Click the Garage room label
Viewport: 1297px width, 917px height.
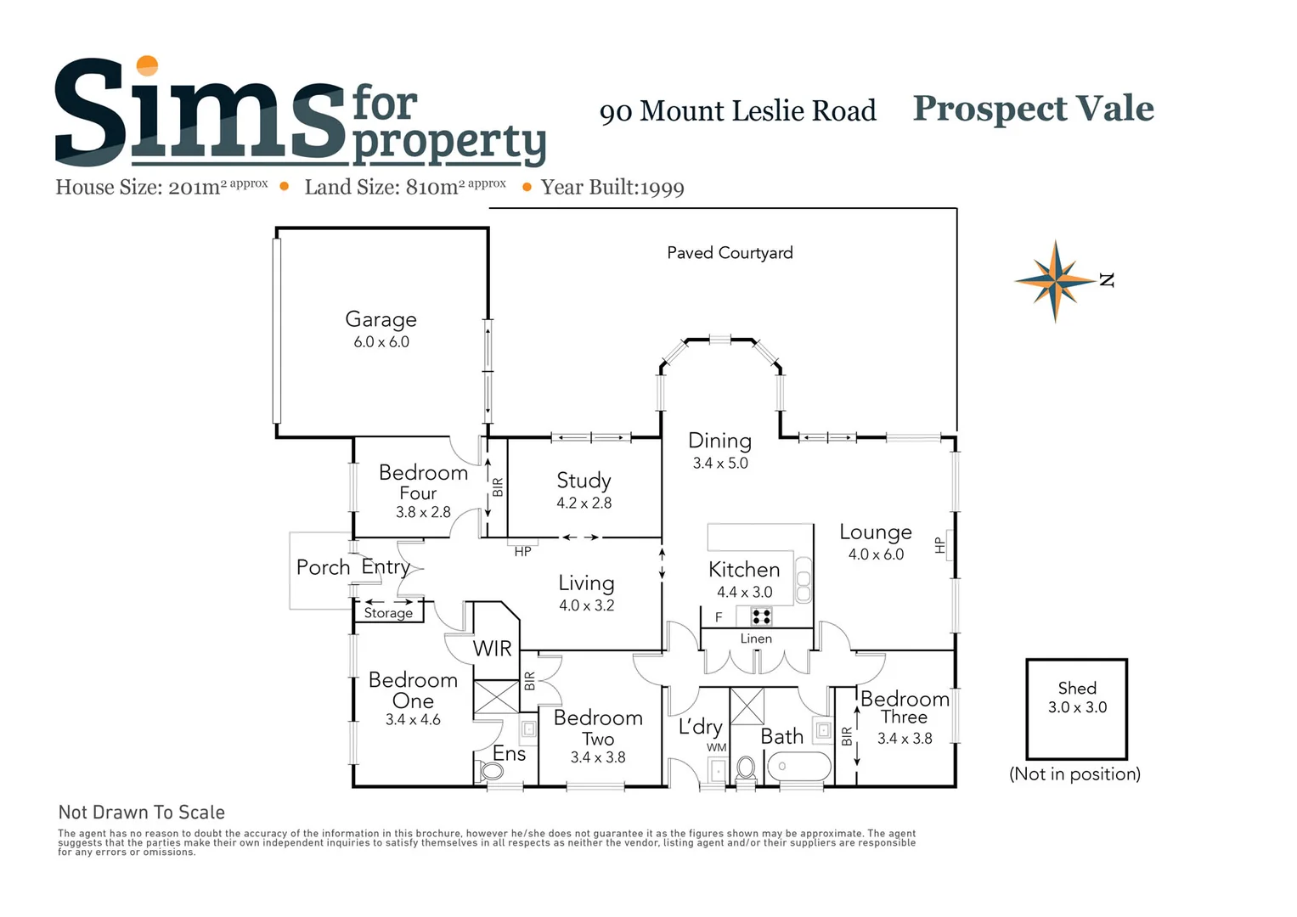[x=381, y=319]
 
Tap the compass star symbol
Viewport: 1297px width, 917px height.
[x=1055, y=280]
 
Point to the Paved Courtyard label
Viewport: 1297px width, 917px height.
[x=730, y=253]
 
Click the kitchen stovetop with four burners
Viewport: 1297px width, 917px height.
[x=761, y=616]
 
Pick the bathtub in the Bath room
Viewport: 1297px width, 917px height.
[x=798, y=766]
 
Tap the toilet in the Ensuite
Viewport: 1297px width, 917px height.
[x=491, y=771]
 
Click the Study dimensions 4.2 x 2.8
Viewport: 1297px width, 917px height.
[x=584, y=503]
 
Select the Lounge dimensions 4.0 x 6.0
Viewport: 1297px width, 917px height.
[x=876, y=554]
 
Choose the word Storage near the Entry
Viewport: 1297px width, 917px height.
[x=388, y=613]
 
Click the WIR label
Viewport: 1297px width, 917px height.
[x=493, y=649]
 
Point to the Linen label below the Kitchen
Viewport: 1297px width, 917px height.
[x=756, y=639]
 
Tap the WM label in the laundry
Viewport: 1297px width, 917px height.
[x=717, y=747]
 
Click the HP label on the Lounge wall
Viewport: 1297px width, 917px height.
[x=939, y=545]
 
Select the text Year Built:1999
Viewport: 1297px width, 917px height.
[x=612, y=188]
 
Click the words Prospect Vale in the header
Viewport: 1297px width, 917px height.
[x=1033, y=109]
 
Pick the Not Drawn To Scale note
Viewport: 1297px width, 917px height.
[x=142, y=813]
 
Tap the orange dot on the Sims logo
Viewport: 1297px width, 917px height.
[x=148, y=66]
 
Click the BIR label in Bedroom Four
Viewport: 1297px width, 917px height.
[x=498, y=487]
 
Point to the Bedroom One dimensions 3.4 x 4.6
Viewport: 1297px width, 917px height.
[x=413, y=720]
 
